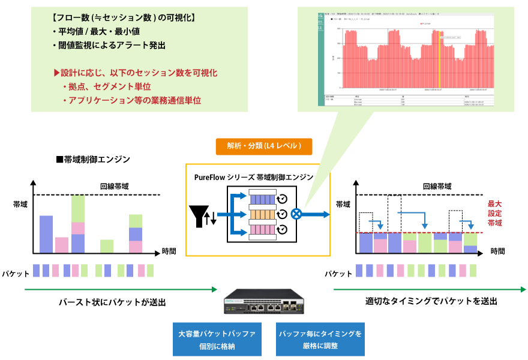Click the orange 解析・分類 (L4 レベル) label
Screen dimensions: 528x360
point(264,146)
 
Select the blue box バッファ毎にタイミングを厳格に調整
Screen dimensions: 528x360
point(320,339)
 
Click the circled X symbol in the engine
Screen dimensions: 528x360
point(296,214)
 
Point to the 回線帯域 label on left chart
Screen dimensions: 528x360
point(114,187)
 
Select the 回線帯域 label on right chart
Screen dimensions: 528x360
point(437,187)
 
